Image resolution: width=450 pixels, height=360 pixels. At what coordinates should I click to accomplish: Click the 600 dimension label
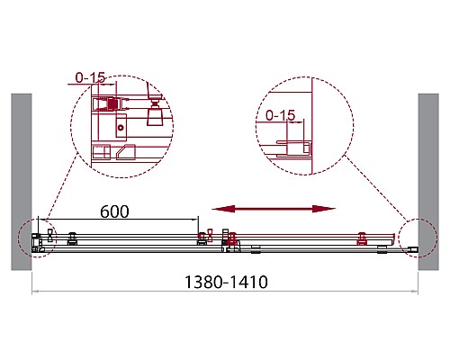click(114, 211)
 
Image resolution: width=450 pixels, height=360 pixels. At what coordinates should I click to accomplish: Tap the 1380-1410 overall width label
click(226, 282)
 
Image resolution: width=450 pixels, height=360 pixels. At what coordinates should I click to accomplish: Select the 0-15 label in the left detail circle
click(90, 77)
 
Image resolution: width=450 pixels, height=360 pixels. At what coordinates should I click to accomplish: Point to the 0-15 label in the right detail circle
click(281, 115)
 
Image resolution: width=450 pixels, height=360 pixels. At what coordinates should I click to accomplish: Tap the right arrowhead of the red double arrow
click(324, 209)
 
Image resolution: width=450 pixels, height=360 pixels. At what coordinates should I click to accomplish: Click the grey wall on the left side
click(22, 182)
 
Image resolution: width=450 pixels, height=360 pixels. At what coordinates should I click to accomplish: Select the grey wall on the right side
click(428, 182)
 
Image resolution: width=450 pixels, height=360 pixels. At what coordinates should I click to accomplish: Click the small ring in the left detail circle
click(121, 128)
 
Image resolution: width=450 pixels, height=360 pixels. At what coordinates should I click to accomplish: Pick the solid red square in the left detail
click(112, 104)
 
